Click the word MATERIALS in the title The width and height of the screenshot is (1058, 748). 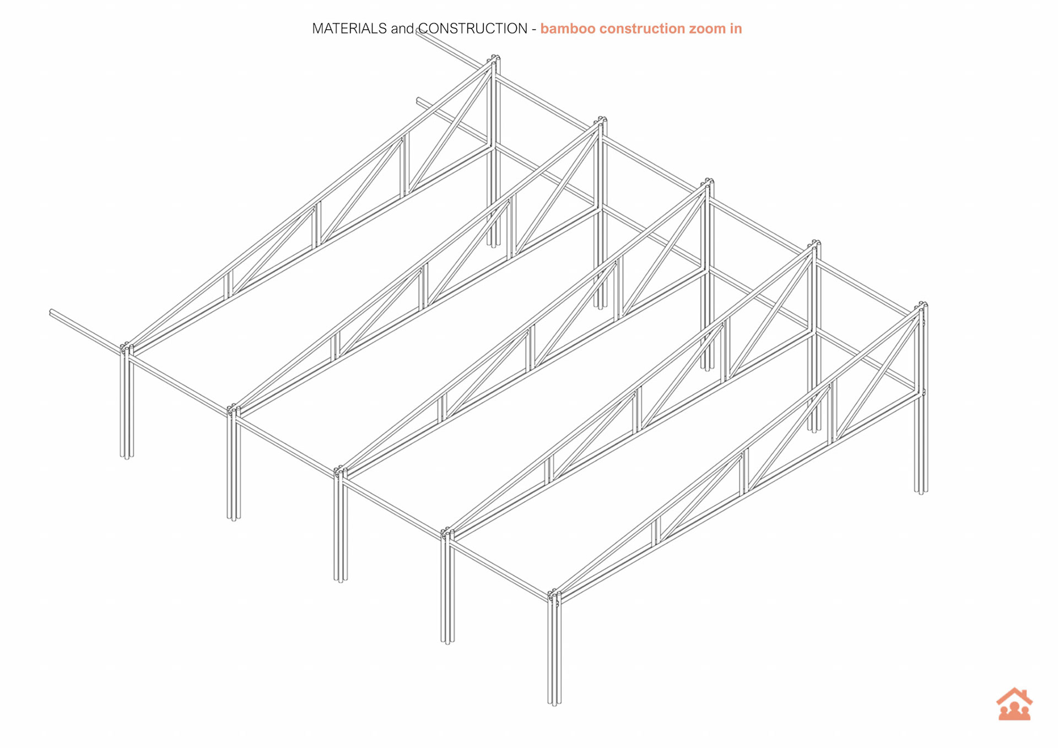click(x=349, y=29)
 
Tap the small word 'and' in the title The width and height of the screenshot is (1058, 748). click(x=402, y=29)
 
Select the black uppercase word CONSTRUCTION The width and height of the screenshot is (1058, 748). click(x=473, y=29)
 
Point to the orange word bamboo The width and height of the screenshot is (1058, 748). click(x=567, y=29)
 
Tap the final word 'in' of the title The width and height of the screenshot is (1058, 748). click(x=736, y=29)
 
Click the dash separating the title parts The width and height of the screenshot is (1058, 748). click(x=533, y=29)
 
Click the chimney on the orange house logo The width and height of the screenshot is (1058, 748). click(x=1024, y=693)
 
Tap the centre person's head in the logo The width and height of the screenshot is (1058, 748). click(x=1014, y=705)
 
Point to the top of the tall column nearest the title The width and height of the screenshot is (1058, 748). click(x=494, y=58)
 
